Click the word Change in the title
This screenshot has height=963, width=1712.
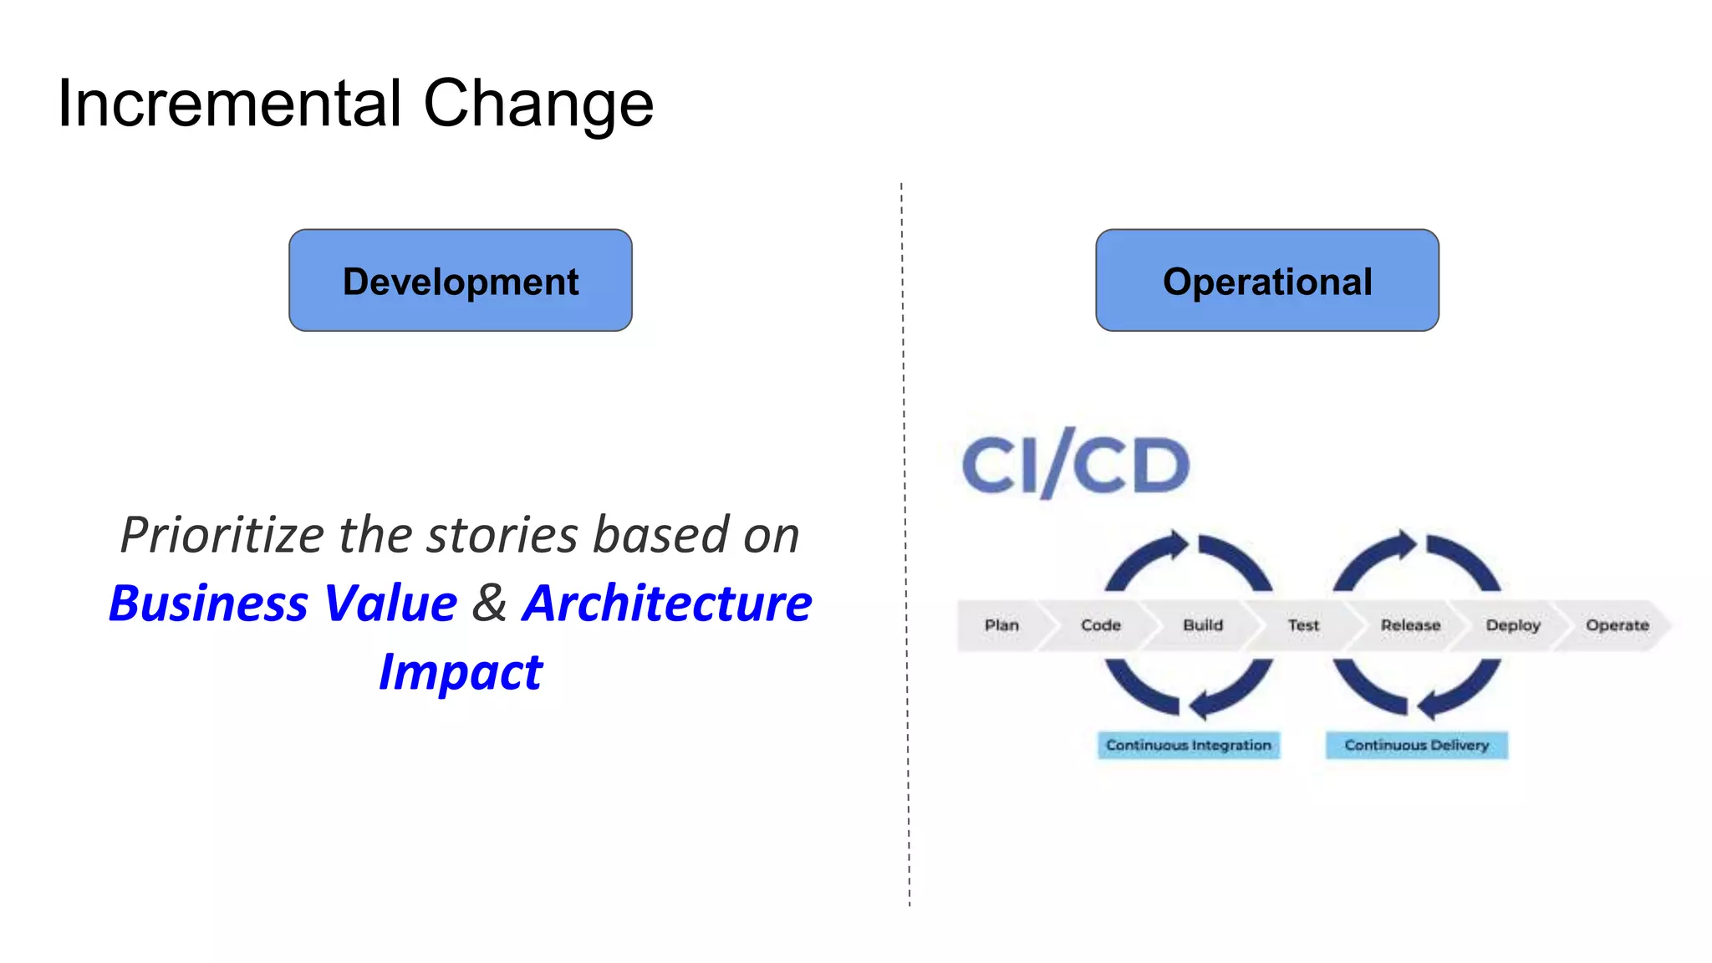pyautogui.click(x=538, y=104)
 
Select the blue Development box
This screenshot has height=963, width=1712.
pyautogui.click(x=460, y=281)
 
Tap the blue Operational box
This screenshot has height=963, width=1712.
pyautogui.click(x=1266, y=281)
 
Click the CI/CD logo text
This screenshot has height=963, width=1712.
pyautogui.click(x=1076, y=465)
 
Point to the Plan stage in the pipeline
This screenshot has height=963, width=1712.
pyautogui.click(x=1001, y=625)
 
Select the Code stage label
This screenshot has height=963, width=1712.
pyautogui.click(x=1100, y=625)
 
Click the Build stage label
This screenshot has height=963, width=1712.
pyautogui.click(x=1202, y=625)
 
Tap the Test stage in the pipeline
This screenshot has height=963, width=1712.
pyautogui.click(x=1302, y=625)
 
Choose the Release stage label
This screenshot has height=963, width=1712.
pyautogui.click(x=1410, y=625)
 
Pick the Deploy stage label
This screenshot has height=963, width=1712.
pyautogui.click(x=1512, y=625)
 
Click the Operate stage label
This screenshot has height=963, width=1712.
pyautogui.click(x=1617, y=625)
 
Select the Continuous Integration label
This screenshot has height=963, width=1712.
pyautogui.click(x=1188, y=745)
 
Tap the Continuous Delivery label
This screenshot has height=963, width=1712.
pyautogui.click(x=1416, y=745)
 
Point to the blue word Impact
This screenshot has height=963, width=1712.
pyautogui.click(x=461, y=672)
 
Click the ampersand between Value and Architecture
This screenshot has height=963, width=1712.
pyautogui.click(x=489, y=603)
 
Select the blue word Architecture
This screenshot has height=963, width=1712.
pyautogui.click(x=667, y=603)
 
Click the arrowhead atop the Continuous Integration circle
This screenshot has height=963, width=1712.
pyautogui.click(x=1178, y=545)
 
